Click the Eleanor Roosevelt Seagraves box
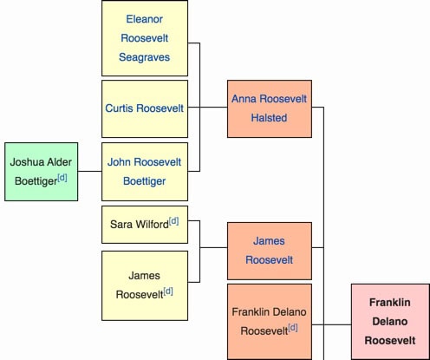pyautogui.click(x=144, y=37)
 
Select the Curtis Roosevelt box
pyautogui.click(x=144, y=108)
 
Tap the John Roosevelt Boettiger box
pyautogui.click(x=144, y=171)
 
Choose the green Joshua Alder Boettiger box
pyautogui.click(x=41, y=171)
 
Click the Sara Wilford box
pyautogui.click(x=144, y=224)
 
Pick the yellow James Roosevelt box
pyautogui.click(x=144, y=285)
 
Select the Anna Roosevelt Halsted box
pyautogui.click(x=269, y=108)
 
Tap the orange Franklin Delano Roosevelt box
pyautogui.click(x=269, y=320)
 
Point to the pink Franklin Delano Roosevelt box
pyautogui.click(x=390, y=321)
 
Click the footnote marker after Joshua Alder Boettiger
pyautogui.click(x=62, y=178)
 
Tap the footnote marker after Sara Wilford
pyautogui.click(x=173, y=221)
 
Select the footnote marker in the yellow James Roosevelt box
pyautogui.click(x=167, y=291)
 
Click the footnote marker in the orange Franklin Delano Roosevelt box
pyautogui.click(x=293, y=327)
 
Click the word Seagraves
pyautogui.click(x=144, y=57)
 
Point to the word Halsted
pyautogui.click(x=269, y=118)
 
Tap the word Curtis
pyautogui.click(x=122, y=108)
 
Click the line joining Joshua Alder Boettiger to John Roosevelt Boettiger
pyautogui.click(x=89, y=171)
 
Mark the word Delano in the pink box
pyautogui.click(x=390, y=321)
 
